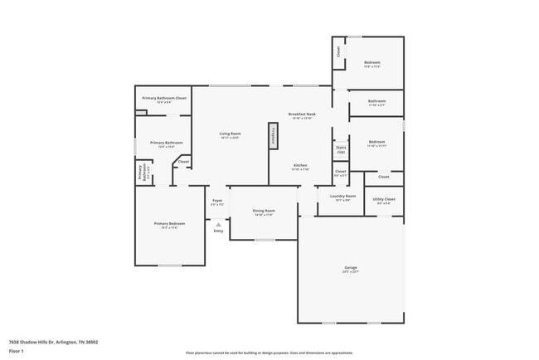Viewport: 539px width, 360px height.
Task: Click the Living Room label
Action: pos(230,134)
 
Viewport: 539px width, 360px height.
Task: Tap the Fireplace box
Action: pos(272,137)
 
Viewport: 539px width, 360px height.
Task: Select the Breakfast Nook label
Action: pos(302,114)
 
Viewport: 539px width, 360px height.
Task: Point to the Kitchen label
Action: pos(300,165)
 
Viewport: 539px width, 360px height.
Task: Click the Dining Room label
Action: pos(264,211)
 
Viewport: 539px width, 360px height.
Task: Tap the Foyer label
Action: pos(217,200)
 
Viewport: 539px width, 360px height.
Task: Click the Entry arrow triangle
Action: pos(218,223)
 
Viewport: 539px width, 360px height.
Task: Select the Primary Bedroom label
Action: pos(169,223)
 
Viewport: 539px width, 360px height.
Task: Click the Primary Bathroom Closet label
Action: pos(163,98)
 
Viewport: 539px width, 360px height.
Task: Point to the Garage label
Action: pos(351,267)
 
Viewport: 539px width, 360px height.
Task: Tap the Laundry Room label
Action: pos(343,196)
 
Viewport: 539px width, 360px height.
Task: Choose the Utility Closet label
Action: pos(384,199)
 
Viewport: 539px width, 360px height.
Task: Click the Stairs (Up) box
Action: pos(341,150)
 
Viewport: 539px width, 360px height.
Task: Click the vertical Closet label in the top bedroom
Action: pos(338,51)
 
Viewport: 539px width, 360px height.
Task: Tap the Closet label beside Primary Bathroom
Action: pos(183,162)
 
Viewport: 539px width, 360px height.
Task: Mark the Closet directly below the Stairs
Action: pos(341,172)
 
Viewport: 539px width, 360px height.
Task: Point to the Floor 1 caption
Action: pos(17,352)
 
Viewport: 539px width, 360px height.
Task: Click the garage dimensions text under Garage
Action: pos(351,271)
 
